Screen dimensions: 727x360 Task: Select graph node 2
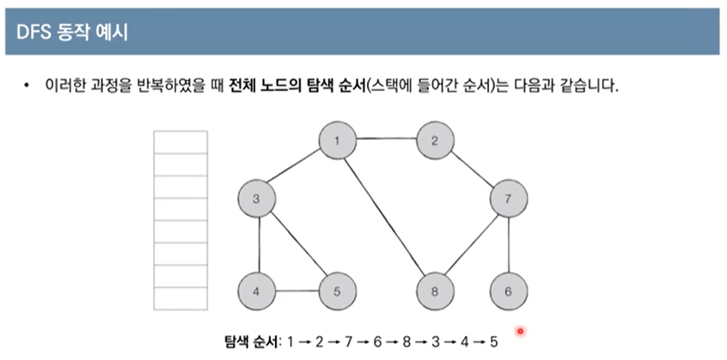click(435, 140)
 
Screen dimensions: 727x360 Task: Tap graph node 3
click(257, 199)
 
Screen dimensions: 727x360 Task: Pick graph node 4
click(257, 291)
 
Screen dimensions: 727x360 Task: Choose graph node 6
click(508, 291)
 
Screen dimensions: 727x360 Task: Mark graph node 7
click(508, 199)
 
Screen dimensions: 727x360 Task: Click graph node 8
click(435, 291)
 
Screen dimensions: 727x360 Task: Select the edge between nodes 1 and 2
click(387, 139)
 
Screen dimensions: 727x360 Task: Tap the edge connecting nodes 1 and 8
click(387, 216)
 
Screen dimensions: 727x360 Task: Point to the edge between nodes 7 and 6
click(508, 246)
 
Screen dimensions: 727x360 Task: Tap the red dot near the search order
click(520, 330)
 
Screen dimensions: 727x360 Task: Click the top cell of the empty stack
click(180, 143)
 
